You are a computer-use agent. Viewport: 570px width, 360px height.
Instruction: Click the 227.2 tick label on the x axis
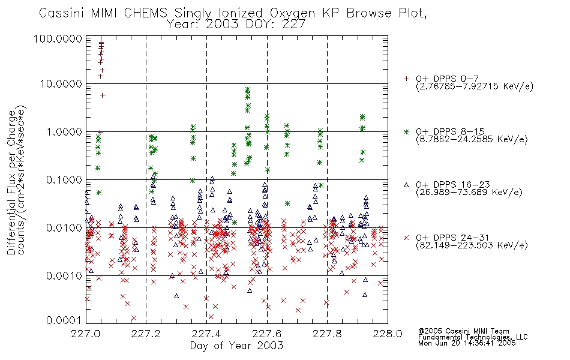tap(146, 334)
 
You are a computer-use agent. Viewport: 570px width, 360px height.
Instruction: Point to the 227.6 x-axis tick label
tap(267, 334)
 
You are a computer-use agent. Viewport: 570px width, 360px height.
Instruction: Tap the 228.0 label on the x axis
tap(388, 334)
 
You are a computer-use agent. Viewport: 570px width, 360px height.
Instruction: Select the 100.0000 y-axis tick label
tap(58, 38)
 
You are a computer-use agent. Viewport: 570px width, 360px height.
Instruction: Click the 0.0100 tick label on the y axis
tap(64, 228)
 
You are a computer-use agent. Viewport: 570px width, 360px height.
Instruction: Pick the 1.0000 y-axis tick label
tap(64, 131)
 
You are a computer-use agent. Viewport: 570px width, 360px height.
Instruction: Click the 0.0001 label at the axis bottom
tap(64, 320)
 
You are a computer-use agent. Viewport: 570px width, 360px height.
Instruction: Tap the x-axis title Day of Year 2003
tap(236, 346)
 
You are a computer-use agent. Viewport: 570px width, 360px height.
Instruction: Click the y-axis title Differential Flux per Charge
tap(12, 182)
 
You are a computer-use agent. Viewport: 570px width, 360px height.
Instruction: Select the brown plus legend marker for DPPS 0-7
tap(406, 79)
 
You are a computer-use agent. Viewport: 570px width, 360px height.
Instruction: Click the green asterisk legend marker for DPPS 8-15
tap(406, 131)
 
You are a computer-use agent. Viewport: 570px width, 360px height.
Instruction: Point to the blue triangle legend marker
tap(406, 185)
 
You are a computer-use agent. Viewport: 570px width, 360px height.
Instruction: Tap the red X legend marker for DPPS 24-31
tap(406, 238)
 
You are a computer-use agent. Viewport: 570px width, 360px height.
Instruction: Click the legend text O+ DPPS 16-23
tap(453, 185)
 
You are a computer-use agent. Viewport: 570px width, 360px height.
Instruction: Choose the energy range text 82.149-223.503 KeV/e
tap(472, 245)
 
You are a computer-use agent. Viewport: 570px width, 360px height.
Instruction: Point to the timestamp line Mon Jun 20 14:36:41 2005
tap(467, 343)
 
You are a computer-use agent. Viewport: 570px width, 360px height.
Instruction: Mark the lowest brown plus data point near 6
tap(102, 95)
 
